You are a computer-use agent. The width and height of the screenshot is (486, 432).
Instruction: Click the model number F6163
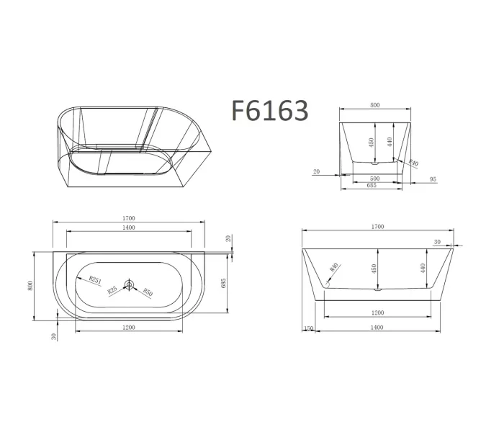270,110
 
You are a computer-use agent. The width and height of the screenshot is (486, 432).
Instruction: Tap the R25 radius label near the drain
113,290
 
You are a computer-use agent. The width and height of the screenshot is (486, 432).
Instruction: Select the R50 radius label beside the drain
148,291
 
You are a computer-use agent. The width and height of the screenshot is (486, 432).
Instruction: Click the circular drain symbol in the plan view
129,285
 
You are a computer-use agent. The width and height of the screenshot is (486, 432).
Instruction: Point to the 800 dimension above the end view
375,105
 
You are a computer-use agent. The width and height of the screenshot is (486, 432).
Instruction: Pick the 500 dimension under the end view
375,177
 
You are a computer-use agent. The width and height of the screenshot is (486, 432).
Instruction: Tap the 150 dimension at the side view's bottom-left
309,328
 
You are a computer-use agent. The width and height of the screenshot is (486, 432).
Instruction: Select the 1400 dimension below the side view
377,328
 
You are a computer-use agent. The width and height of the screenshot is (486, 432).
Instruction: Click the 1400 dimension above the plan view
129,227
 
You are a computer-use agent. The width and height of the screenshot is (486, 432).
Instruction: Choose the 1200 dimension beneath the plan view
129,328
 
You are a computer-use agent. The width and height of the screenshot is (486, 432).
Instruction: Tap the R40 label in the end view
413,163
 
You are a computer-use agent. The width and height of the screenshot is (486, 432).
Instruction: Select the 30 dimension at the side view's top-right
437,242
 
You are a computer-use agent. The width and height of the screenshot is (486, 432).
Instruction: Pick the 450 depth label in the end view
371,141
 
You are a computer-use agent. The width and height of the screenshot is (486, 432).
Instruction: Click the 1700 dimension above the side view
377,227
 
